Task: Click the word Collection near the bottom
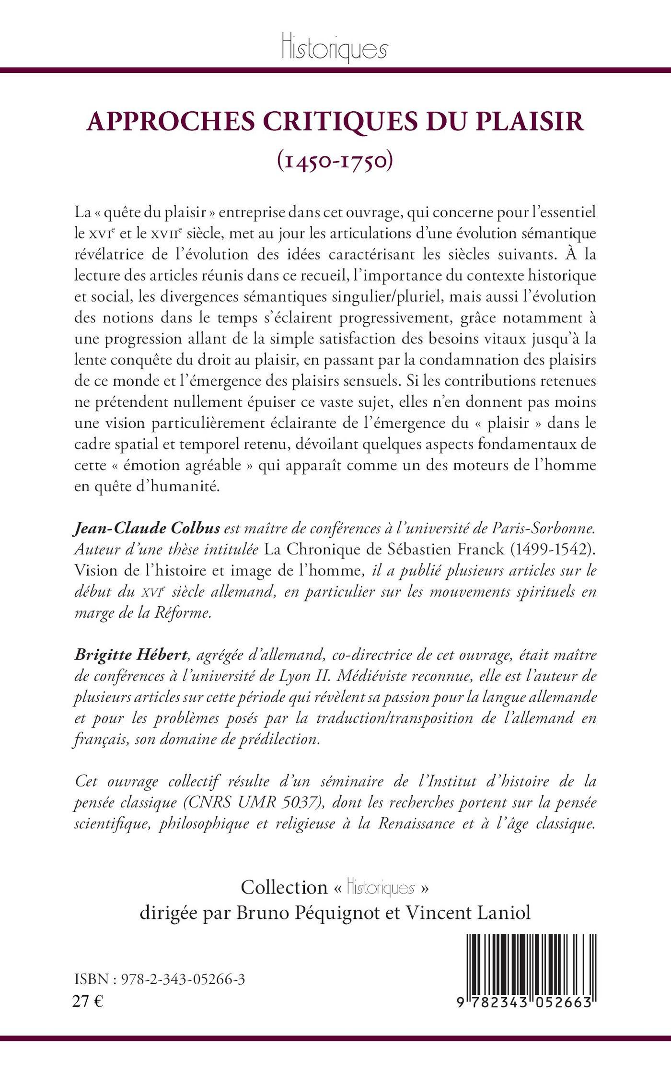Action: click(284, 887)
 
